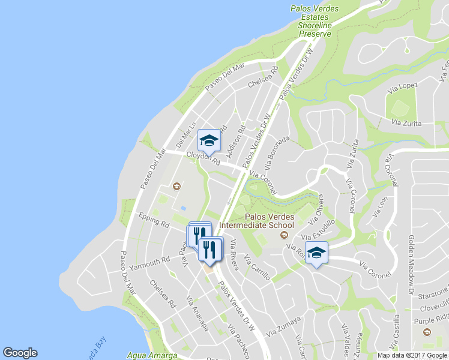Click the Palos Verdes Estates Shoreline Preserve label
click(x=315, y=22)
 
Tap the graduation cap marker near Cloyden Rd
click(x=209, y=141)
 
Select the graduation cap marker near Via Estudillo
click(x=316, y=254)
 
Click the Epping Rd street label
click(x=154, y=219)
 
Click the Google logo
click(x=20, y=353)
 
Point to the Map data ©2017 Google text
click(x=412, y=355)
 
